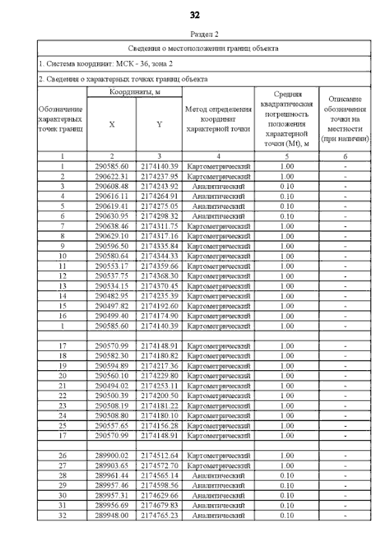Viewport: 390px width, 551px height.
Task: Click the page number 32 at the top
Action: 195,15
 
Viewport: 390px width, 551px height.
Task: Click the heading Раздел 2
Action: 204,34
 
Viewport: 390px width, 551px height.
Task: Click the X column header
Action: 112,124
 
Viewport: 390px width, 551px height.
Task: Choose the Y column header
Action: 158,124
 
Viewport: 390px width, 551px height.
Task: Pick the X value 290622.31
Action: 112,177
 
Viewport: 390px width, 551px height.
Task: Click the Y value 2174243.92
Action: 158,186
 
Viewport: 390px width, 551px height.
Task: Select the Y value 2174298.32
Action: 158,216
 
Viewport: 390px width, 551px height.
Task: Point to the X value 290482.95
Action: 112,296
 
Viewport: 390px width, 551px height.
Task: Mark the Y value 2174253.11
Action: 158,386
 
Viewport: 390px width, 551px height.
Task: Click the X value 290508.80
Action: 112,416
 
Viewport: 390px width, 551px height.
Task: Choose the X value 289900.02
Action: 112,456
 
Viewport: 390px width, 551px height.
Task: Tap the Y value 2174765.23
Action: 158,516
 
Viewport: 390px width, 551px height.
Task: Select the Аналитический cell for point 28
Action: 218,476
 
